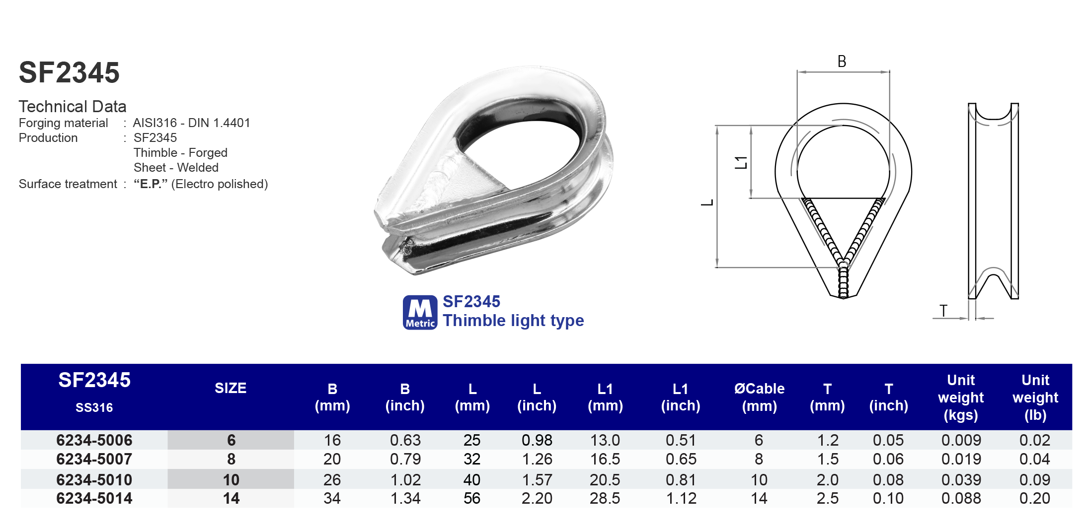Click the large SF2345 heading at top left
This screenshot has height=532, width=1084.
click(69, 72)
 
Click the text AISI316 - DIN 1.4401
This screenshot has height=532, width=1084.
click(191, 123)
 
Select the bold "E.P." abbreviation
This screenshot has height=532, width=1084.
click(150, 184)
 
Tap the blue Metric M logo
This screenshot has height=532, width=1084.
click(420, 312)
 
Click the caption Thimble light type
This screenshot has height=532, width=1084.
click(513, 321)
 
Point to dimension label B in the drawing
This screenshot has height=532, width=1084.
click(842, 62)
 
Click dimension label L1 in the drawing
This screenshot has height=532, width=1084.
click(741, 162)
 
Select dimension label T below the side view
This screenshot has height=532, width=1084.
click(943, 311)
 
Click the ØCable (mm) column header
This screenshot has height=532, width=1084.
click(759, 397)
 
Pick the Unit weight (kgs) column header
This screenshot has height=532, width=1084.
click(961, 397)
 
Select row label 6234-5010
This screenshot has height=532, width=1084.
click(94, 480)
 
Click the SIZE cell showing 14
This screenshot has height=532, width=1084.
click(231, 498)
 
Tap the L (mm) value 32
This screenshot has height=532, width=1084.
click(472, 459)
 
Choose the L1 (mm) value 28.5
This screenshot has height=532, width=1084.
click(605, 498)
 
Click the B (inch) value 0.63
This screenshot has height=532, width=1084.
click(405, 440)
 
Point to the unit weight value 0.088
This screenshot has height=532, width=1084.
click(961, 498)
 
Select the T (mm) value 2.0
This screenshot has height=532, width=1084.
click(827, 480)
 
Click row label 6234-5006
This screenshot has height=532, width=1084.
click(94, 440)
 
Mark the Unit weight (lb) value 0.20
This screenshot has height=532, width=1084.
click(1035, 498)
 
